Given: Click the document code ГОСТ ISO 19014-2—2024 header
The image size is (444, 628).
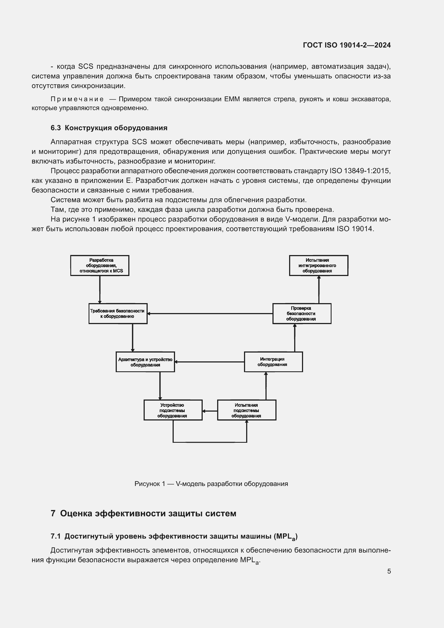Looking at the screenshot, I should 347,45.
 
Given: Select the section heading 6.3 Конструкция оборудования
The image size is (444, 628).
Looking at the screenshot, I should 109,128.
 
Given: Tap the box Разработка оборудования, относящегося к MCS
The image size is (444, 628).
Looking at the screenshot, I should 100,265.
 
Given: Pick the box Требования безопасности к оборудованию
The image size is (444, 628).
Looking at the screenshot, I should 118,313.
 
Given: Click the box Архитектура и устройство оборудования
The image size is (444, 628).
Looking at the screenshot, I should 145,362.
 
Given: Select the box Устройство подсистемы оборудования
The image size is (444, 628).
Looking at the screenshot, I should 173,410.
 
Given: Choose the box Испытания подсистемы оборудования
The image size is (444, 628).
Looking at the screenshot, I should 247,410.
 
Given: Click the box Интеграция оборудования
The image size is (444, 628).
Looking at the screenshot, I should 273,362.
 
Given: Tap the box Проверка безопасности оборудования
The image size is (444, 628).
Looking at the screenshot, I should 302,313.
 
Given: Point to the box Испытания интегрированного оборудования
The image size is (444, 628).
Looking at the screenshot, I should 319,265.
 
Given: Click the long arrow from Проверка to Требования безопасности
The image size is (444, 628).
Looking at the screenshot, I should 210,313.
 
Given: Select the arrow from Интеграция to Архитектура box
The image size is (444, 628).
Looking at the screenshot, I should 209,362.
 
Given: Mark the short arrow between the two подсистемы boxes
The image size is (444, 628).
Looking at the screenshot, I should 210,411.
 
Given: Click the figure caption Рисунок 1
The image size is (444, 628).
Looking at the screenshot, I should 211,484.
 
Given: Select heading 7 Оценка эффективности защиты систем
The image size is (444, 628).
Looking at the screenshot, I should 144,513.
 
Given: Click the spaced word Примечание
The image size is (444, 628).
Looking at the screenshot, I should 77,99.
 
